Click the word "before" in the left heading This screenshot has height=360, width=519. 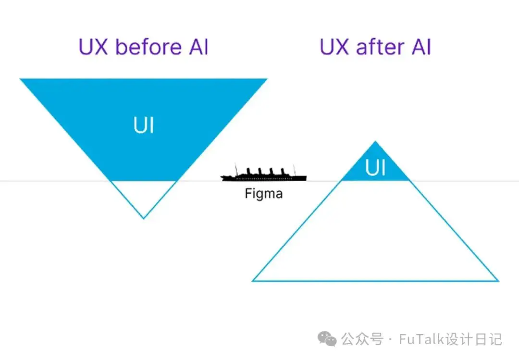coord(148,47)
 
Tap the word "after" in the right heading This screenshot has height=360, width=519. coord(380,47)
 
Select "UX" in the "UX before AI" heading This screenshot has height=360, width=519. coord(93,47)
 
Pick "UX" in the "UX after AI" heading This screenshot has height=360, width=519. coord(334,47)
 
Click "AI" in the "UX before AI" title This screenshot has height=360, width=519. coord(198,47)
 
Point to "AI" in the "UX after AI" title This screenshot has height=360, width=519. coord(421,47)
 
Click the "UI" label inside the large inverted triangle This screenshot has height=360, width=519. coord(144,125)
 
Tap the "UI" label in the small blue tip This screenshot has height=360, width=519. coord(375,168)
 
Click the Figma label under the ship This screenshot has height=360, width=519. coord(263,193)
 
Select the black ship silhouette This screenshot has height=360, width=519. coord(263,173)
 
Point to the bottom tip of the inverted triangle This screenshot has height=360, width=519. coord(144,219)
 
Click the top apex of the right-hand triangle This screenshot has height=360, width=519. coord(375,141)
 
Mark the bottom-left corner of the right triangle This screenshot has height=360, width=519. coord(252,281)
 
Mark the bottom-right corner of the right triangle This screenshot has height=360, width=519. coord(498,281)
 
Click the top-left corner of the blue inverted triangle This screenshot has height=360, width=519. coord(20,79)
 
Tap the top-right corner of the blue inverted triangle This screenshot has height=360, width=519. coord(267,79)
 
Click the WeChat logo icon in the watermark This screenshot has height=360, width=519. coord(327,338)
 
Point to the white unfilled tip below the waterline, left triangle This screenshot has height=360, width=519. coord(144,196)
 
